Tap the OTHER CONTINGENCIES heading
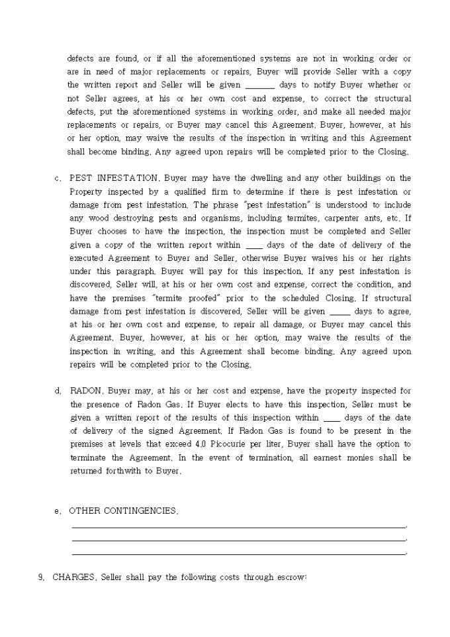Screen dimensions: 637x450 (x=124, y=511)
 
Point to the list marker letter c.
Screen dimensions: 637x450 (x=58, y=178)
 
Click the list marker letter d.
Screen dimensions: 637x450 (x=58, y=391)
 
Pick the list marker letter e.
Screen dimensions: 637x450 (x=58, y=511)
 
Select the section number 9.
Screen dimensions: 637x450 (x=41, y=577)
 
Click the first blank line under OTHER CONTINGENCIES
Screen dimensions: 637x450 (x=238, y=527)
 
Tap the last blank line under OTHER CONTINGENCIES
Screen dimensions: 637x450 (x=238, y=554)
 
